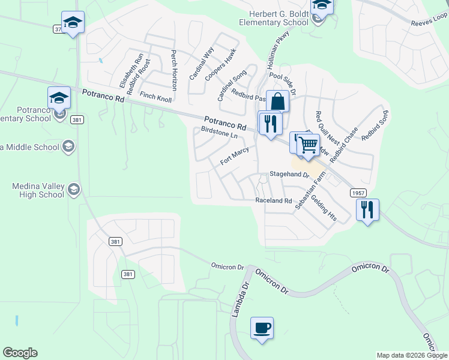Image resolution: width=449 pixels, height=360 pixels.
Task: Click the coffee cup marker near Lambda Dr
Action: pos(262,328)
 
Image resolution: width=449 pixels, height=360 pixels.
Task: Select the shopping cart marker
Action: pos(308,145)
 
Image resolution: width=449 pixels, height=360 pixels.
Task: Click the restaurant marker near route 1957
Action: pos(367,209)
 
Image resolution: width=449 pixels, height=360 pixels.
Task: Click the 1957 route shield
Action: pos(358,193)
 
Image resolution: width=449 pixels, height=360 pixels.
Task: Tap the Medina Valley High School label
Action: pos(38,190)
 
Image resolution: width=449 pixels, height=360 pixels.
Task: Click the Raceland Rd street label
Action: pos(273,200)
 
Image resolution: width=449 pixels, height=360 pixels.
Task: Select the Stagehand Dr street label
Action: pos(288,175)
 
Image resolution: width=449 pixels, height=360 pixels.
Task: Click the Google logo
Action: pos(20,353)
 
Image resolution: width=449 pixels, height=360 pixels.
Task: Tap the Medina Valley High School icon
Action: pos(74,190)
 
